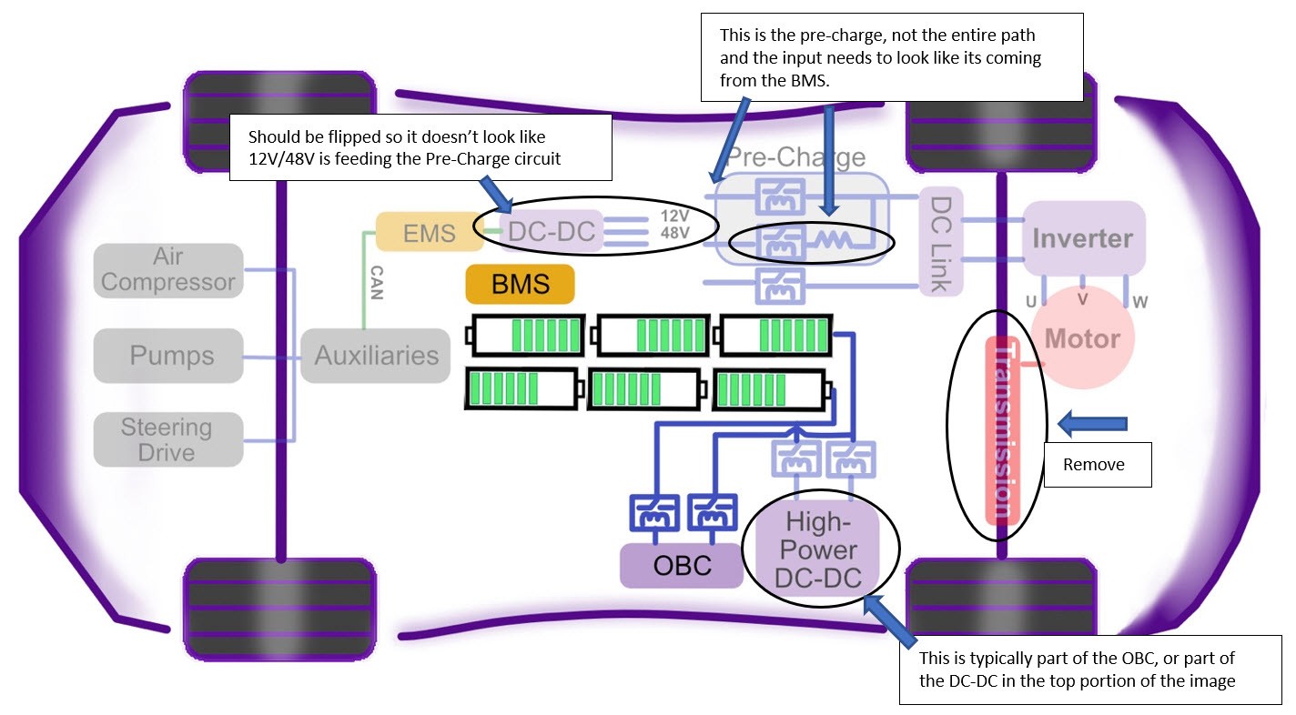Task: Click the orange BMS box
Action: pos(520,284)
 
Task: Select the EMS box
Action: pos(430,232)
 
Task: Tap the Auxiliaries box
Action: pos(376,355)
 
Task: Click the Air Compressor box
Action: pos(168,270)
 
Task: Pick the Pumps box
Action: pos(168,355)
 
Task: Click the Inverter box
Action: pos(1083,238)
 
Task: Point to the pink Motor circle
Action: pos(1082,338)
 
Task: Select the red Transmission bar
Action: pos(1003,429)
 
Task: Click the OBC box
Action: pos(682,566)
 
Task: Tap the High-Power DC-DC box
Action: pos(820,549)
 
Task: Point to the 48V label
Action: pos(674,233)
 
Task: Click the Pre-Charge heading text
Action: pos(795,157)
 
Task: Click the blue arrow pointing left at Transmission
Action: pos(1092,423)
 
